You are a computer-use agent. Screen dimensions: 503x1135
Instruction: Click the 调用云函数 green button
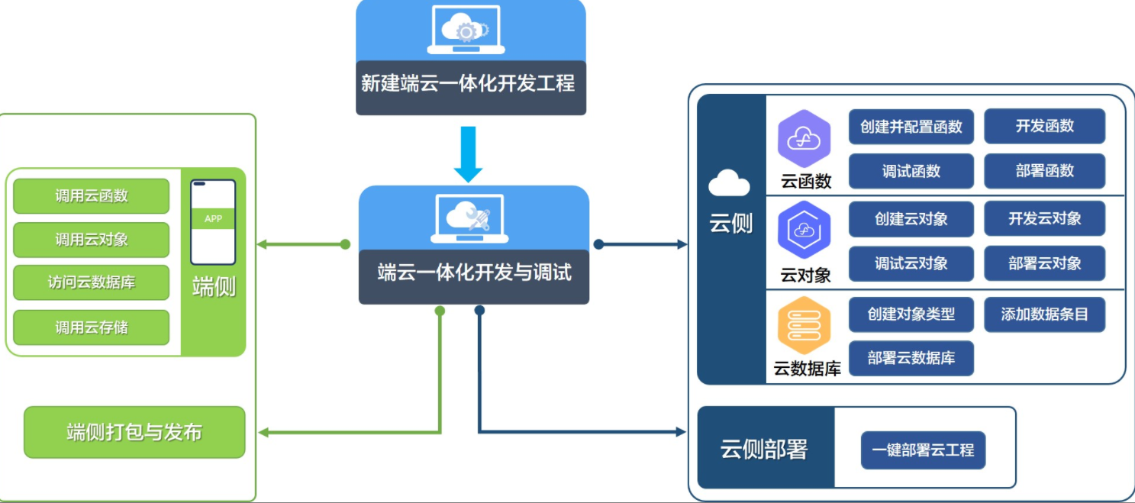[92, 196]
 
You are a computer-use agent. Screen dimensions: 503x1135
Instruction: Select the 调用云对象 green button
[92, 240]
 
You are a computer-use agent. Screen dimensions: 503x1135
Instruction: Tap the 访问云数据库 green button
[92, 283]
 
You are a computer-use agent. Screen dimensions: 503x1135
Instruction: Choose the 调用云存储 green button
[92, 327]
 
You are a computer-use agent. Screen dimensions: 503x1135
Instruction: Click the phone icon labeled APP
[213, 221]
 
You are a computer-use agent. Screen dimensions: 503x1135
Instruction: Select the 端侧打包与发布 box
[134, 432]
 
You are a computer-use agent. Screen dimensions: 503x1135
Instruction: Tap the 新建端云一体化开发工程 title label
[468, 83]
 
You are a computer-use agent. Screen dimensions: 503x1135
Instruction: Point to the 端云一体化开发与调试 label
[474, 272]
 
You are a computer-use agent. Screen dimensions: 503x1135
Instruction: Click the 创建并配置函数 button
[911, 127]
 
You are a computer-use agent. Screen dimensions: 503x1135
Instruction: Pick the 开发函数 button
[1044, 126]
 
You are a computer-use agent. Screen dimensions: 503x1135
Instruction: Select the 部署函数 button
[1044, 171]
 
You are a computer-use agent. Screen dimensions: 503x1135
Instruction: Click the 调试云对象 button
[911, 263]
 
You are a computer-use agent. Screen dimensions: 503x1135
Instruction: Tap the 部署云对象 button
[1044, 263]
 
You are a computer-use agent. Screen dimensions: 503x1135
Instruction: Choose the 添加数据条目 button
[1044, 314]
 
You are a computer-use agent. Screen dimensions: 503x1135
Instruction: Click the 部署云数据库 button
[911, 358]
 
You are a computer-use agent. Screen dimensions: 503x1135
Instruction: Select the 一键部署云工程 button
[924, 450]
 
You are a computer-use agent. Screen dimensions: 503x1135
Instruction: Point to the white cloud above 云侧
[729, 184]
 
